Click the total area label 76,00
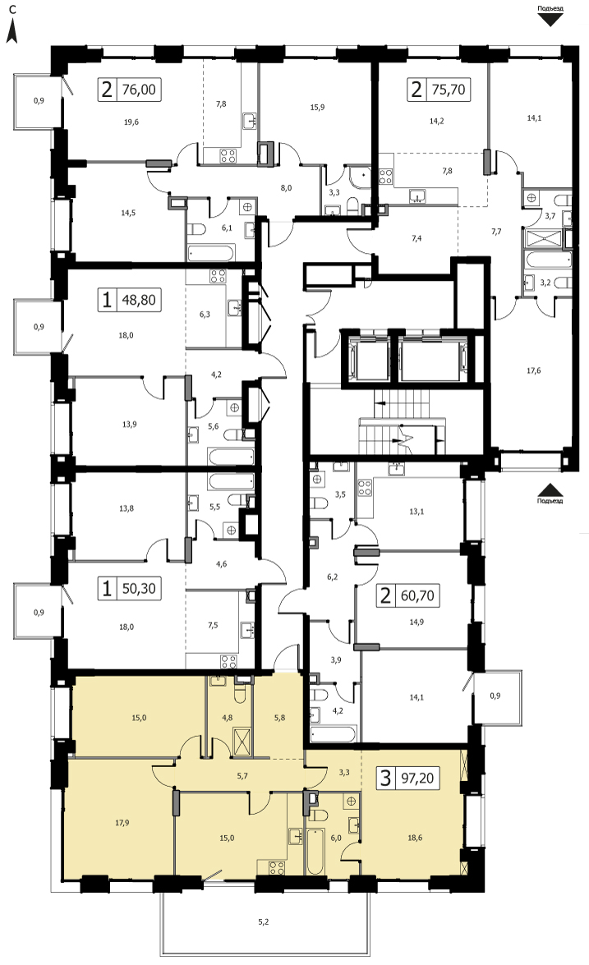pos(139,90)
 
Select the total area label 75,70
pos(448,90)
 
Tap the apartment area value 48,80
pos(139,301)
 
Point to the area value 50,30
pos(139,588)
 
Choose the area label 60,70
pos(416,595)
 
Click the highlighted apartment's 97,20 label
pos(416,778)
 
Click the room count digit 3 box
pos(386,778)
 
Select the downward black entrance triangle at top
pos(550,19)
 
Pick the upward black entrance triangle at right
pos(550,489)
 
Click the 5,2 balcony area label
pos(264,922)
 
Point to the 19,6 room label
pos(131,122)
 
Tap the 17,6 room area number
pos(534,370)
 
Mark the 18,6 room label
pos(416,838)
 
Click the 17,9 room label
pos(122,822)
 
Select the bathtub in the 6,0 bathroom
pos(315,852)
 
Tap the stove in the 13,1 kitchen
pos(365,488)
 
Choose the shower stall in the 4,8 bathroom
pos(242,740)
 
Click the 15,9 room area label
pos(317,107)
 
